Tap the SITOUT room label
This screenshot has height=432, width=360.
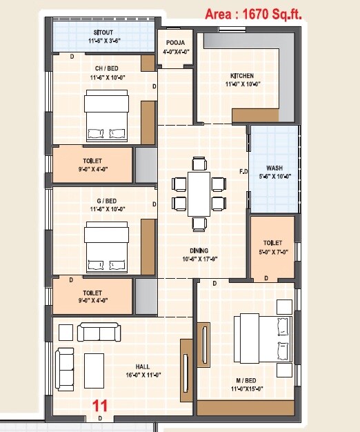pos(105,32)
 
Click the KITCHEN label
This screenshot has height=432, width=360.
pos(242,76)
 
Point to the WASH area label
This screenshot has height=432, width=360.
pos(274,168)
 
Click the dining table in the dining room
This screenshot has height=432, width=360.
pos(199,193)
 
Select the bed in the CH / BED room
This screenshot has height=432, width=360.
pos(106,115)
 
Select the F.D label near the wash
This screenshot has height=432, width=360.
pos(243,171)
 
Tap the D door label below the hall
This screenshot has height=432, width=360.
pos(101,418)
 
